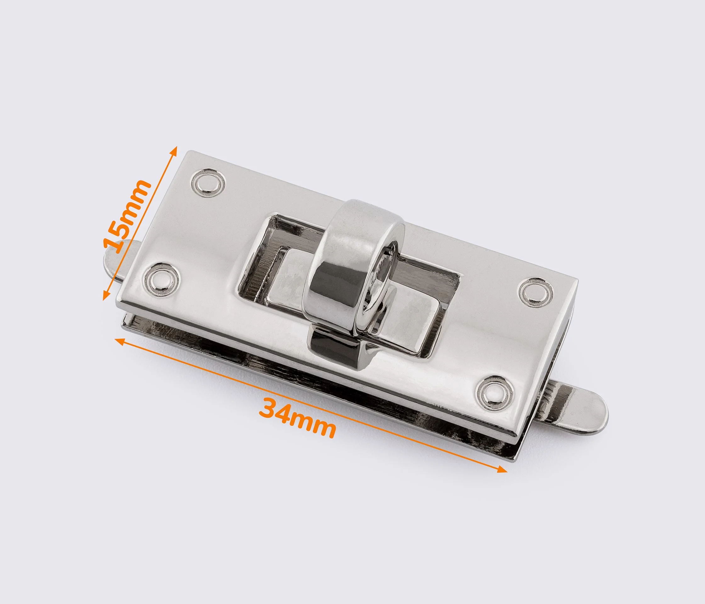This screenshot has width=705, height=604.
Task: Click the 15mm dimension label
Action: [x=127, y=216]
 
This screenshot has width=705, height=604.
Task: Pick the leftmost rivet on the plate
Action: [x=161, y=280]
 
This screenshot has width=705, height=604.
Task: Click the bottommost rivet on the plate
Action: [x=493, y=393]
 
